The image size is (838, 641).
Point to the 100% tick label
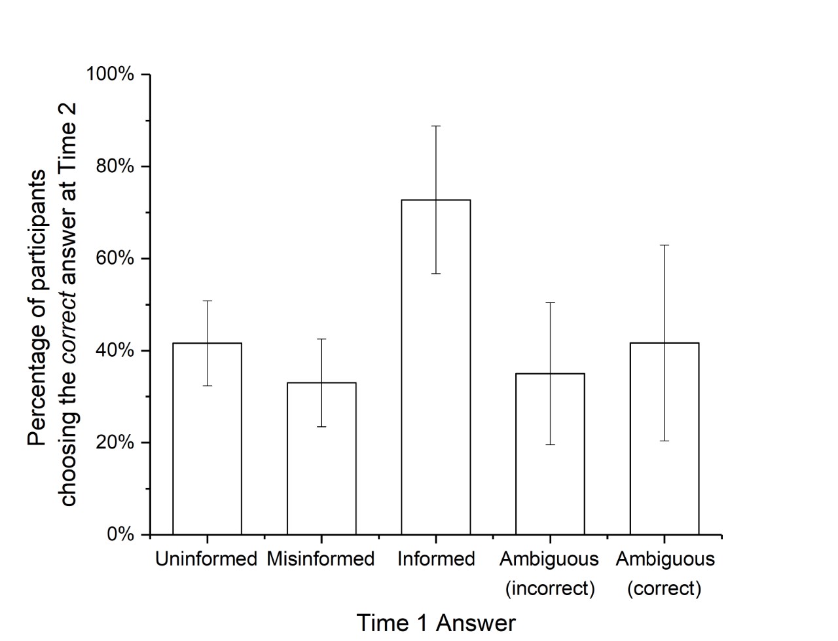(111, 74)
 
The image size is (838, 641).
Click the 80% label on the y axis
(115, 166)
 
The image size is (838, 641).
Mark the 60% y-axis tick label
(115, 259)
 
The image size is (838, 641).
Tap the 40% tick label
(115, 351)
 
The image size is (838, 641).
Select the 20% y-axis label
(115, 443)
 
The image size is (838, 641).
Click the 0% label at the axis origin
(120, 534)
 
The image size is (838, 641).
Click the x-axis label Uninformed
(206, 559)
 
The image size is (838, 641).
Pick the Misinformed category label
(321, 559)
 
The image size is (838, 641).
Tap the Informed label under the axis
(436, 559)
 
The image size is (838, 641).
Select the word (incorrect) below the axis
(550, 589)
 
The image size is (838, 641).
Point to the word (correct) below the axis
(664, 589)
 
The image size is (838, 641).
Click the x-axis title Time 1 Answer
(436, 623)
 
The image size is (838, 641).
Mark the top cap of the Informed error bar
(435, 126)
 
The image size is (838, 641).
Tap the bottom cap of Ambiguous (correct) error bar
(664, 441)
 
